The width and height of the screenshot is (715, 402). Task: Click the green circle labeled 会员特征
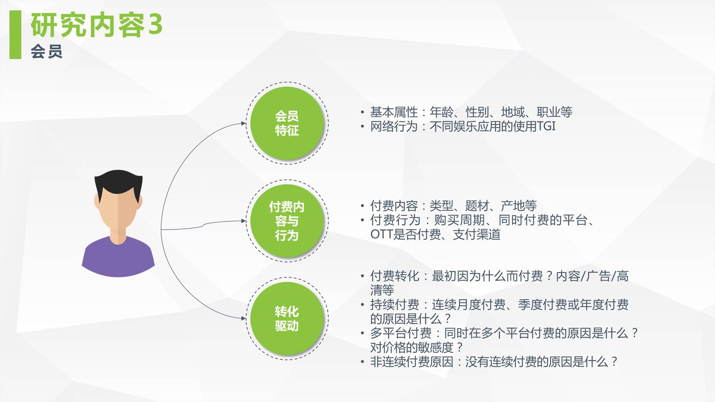coord(287,123)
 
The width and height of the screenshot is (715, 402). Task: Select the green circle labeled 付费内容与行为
coord(287,221)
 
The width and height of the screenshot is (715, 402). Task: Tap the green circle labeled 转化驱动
coord(287,318)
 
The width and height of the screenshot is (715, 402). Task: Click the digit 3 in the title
coord(156,25)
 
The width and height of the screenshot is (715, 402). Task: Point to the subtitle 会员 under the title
coord(46,51)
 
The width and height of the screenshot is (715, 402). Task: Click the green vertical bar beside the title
coord(15,34)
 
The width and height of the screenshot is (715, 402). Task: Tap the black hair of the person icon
coord(118,184)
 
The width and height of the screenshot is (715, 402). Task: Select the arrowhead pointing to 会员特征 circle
coord(244,123)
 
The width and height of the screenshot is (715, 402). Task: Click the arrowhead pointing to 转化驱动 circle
coord(244,318)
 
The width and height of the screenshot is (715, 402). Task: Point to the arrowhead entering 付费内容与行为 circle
coord(244,221)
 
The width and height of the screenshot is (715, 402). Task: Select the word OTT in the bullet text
coord(381,234)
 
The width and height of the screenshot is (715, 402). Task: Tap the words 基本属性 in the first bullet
coord(394,112)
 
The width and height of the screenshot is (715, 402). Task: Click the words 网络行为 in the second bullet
coord(394,126)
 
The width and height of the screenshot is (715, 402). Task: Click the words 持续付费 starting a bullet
coord(395,305)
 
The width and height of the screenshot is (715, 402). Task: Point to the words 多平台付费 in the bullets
coord(401,333)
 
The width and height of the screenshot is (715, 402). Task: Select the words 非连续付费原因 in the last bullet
coord(412,362)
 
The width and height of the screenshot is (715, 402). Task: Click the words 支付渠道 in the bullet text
coord(476,234)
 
